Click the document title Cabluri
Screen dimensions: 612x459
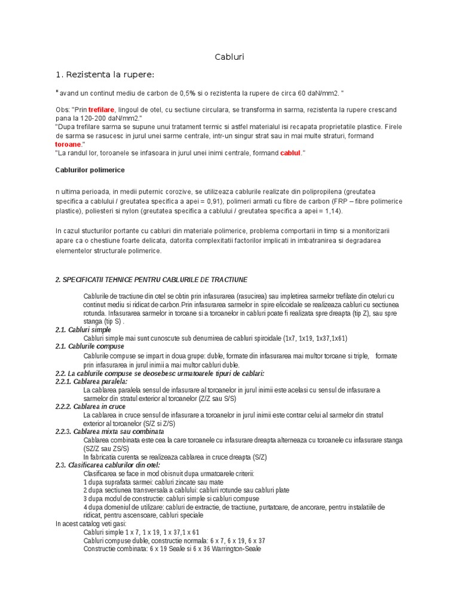[x=229, y=57]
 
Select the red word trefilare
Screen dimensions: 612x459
[x=101, y=111]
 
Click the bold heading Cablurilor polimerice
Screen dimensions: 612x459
[x=90, y=170]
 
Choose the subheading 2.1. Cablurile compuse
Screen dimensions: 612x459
[x=90, y=347]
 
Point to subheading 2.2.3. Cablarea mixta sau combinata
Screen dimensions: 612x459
[x=109, y=432]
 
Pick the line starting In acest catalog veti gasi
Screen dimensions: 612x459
[x=91, y=524]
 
